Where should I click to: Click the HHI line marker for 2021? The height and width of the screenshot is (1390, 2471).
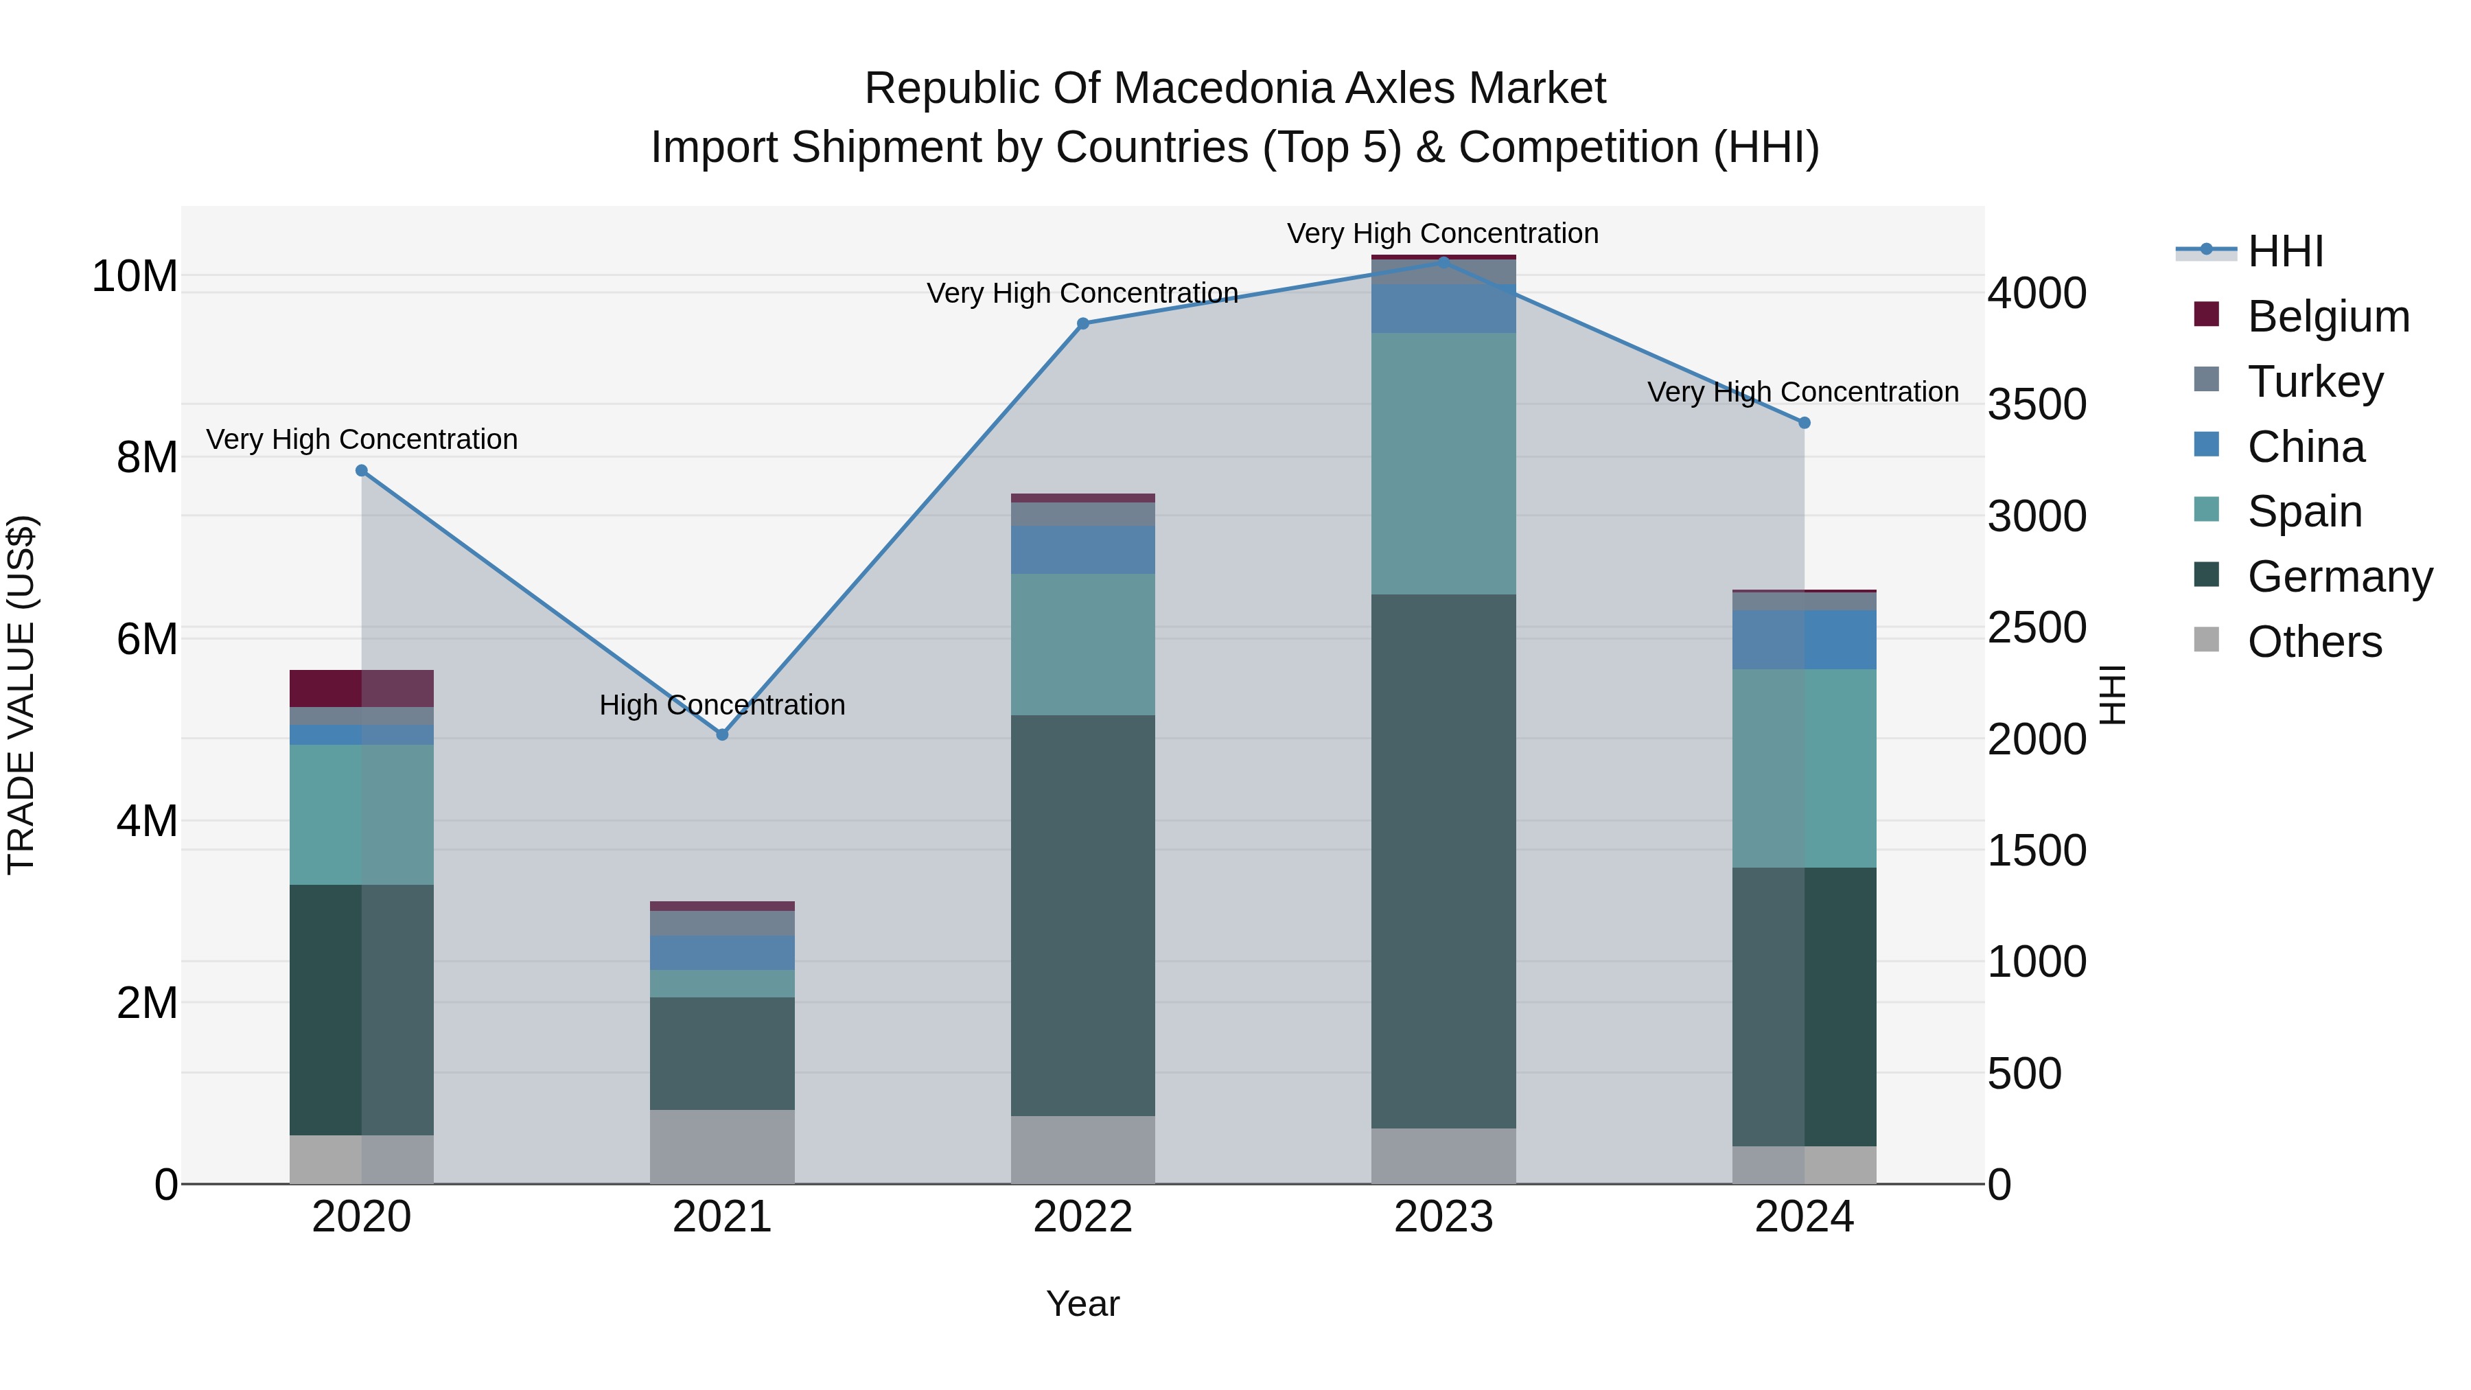point(722,734)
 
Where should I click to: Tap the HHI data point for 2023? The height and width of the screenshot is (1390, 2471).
point(1443,261)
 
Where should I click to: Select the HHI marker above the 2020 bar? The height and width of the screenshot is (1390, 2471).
point(362,471)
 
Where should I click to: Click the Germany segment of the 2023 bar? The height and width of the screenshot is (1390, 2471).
point(1443,861)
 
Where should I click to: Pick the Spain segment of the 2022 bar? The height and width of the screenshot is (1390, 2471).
point(1083,645)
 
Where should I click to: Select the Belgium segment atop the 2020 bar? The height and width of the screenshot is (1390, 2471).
point(362,688)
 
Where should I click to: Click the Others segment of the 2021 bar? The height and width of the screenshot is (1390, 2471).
point(722,1146)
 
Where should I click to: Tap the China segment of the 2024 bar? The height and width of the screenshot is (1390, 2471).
point(1805,640)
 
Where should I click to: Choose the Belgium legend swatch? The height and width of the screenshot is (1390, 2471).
point(2206,314)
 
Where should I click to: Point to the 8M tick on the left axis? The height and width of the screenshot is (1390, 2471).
point(147,458)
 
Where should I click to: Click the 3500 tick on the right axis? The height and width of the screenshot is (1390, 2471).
point(2036,404)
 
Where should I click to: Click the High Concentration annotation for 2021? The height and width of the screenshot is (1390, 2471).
point(722,705)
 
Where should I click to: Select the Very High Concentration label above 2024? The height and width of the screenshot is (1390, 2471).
point(1802,393)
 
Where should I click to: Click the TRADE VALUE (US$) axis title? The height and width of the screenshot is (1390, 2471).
point(21,695)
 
